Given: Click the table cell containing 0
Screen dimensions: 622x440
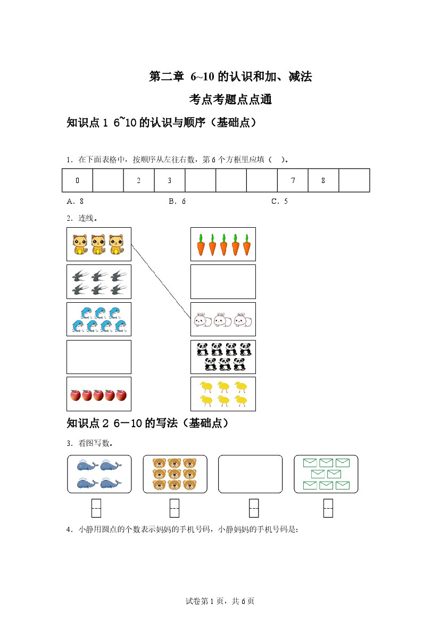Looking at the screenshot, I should click(x=78, y=180).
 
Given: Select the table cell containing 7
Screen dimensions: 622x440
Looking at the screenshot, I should click(x=293, y=180).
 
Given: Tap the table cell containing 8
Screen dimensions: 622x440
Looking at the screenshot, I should click(x=323, y=180).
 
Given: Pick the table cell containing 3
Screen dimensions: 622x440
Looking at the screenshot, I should click(x=170, y=180).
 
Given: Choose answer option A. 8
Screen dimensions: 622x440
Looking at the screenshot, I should click(x=75, y=201).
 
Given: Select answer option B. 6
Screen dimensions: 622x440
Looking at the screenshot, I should click(x=177, y=201).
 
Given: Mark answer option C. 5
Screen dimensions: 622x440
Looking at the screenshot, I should click(x=279, y=201).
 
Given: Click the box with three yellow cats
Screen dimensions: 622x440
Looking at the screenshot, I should click(x=98, y=244).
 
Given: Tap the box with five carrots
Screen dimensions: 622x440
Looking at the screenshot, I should click(x=223, y=244).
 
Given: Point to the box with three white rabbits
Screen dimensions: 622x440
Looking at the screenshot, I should click(x=223, y=319).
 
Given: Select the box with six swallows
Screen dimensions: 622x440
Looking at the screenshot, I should click(x=98, y=282).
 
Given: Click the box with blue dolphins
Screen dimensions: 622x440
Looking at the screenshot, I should click(x=98, y=319).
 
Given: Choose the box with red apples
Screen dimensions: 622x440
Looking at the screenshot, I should click(x=98, y=394).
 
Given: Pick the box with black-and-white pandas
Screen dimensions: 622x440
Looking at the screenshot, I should click(x=223, y=357).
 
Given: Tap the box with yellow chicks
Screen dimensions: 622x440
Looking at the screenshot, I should click(x=223, y=394).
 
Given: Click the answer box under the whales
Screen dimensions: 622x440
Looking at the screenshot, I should click(x=96, y=508).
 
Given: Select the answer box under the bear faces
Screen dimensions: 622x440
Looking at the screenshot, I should click(x=175, y=508).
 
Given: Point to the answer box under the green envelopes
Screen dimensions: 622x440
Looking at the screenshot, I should click(x=328, y=508).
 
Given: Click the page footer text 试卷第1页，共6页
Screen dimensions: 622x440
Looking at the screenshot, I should click(x=220, y=601).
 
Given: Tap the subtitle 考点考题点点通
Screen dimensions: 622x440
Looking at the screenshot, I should click(x=230, y=99).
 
